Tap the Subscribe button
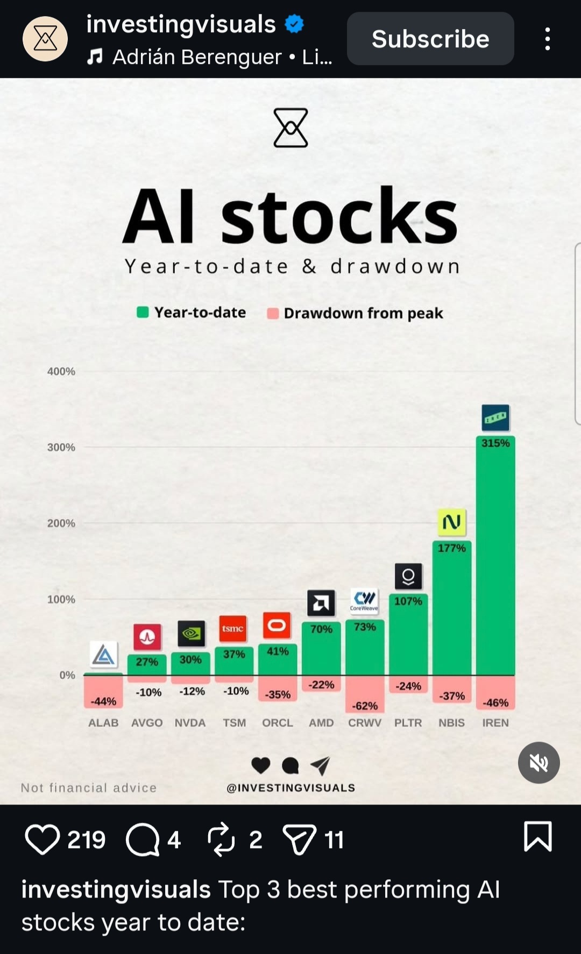430,39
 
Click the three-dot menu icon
547,39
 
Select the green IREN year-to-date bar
495,559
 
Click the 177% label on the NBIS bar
451,548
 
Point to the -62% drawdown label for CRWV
365,706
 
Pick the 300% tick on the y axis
61,447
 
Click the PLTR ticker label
408,723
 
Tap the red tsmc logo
233,629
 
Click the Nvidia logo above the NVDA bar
191,633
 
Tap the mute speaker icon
539,763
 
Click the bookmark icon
537,836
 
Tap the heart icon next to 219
42,839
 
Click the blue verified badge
294,24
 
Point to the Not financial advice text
89,788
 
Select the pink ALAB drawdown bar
103,692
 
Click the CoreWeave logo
364,600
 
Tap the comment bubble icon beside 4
143,839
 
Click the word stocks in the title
339,216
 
